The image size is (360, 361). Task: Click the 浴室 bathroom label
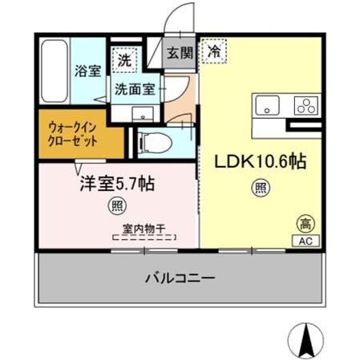pyautogui.click(x=87, y=71)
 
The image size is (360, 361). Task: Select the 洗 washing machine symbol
pyautogui.click(x=124, y=59)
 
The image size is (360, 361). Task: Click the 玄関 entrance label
pyautogui.click(x=179, y=54)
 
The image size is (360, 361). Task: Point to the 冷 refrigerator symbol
pyautogui.click(x=214, y=51)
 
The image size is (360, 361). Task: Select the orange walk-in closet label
pyautogui.click(x=75, y=132)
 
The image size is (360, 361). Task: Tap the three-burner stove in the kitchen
pyautogui.click(x=305, y=105)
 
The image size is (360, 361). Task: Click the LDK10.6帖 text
pyautogui.click(x=258, y=161)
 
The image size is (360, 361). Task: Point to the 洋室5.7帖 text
pyautogui.click(x=115, y=184)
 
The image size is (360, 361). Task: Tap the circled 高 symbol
pyautogui.click(x=305, y=222)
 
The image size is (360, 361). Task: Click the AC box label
pyautogui.click(x=305, y=240)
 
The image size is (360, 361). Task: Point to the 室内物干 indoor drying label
pyautogui.click(x=144, y=229)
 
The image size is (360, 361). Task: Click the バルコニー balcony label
pyautogui.click(x=180, y=279)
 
